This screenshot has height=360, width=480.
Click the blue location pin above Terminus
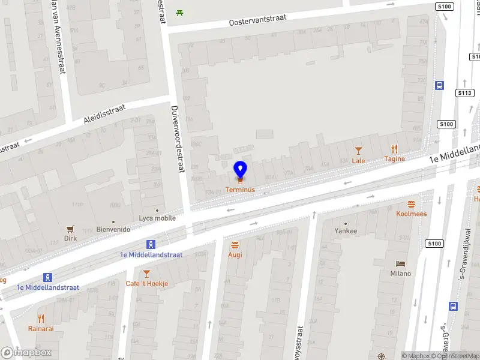click(x=240, y=169)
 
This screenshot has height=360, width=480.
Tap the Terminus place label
click(x=240, y=190)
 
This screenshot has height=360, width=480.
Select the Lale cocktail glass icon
click(x=359, y=150)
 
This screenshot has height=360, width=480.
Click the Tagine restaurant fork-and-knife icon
click(x=394, y=149)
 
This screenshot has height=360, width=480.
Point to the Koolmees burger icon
click(x=412, y=203)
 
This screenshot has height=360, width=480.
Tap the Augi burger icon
click(x=235, y=244)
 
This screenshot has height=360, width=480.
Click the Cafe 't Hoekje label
click(x=147, y=283)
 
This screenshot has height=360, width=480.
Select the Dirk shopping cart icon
click(x=71, y=229)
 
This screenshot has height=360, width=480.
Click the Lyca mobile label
click(x=157, y=218)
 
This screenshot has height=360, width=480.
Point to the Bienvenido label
click(x=113, y=229)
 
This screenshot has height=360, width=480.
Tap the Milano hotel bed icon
click(x=401, y=263)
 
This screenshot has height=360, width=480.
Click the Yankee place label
click(x=346, y=231)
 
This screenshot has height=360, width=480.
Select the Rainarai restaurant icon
click(x=41, y=319)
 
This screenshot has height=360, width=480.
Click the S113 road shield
click(x=465, y=93)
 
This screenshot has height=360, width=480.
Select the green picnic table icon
click(x=179, y=12)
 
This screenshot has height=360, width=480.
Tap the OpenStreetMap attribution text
click(x=457, y=356)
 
